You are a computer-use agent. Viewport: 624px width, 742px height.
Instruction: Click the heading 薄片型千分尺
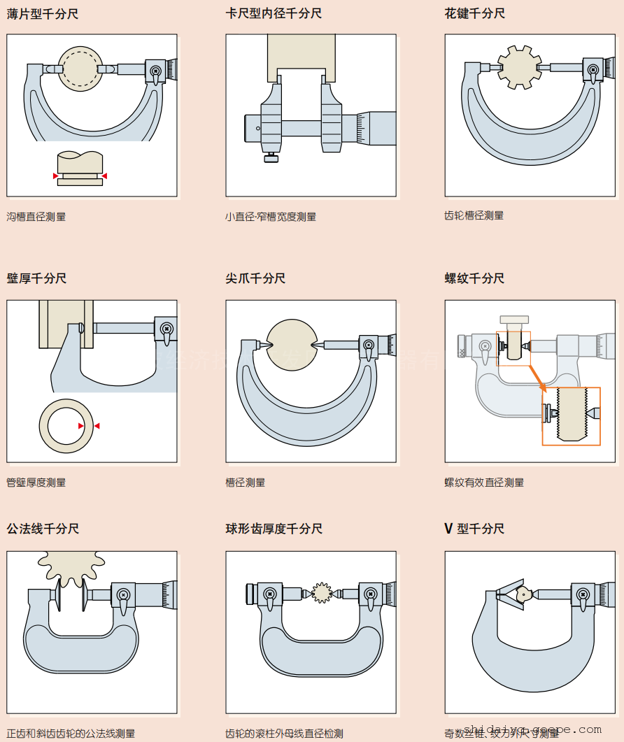point(43,14)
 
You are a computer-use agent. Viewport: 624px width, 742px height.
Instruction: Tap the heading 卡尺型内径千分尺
point(274,14)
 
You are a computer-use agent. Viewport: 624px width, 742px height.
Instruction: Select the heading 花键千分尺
point(474,14)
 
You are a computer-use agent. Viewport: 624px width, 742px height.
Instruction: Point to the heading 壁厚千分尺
point(36,278)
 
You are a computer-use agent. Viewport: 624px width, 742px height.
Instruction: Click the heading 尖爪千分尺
point(255,278)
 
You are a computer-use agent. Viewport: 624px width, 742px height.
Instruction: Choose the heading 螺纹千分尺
point(474,278)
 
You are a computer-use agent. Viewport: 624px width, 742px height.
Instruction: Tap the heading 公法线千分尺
point(43,529)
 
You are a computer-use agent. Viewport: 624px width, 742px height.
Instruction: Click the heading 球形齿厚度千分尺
point(274,529)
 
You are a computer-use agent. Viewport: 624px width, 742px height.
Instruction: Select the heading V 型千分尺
point(474,529)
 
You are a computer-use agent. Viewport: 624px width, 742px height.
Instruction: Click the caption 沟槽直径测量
point(36,217)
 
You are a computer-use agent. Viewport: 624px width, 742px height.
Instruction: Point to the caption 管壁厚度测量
point(36,483)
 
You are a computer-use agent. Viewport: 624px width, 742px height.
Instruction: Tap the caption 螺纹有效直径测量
point(484,483)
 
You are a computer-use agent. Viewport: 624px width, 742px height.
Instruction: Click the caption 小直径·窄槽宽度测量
point(271,217)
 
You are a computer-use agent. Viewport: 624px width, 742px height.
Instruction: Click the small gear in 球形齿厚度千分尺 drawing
point(322,593)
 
